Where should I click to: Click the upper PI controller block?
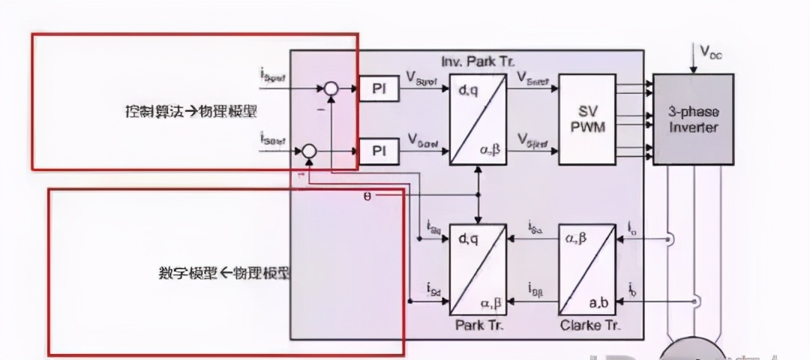click(x=379, y=88)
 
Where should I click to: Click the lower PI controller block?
click(x=379, y=151)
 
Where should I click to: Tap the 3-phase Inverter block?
click(x=693, y=119)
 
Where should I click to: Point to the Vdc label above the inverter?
click(x=711, y=52)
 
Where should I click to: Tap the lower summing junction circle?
click(x=308, y=152)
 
